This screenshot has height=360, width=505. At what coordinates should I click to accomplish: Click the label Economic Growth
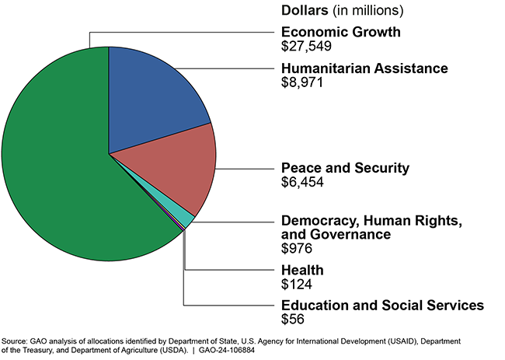coord(341,32)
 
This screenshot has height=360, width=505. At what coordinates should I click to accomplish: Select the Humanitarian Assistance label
coord(364,68)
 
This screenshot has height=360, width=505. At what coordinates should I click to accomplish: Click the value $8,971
coord(301,82)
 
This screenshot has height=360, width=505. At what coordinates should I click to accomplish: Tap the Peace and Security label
coord(345,168)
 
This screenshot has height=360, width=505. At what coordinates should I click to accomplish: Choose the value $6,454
coord(301,182)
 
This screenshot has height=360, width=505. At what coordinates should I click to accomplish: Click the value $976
coord(298,249)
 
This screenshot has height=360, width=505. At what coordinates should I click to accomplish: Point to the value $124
coord(298,284)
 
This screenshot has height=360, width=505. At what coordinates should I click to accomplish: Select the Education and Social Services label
coord(382,305)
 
